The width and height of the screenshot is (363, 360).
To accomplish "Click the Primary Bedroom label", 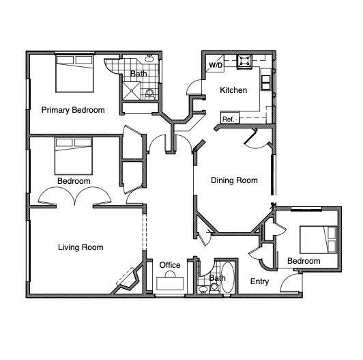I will (72, 110).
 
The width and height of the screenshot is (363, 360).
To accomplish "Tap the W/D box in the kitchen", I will (216, 66).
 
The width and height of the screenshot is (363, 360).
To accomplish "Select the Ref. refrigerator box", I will (228, 119).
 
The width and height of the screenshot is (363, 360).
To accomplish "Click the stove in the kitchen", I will (243, 63).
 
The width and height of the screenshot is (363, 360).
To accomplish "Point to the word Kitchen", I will (233, 90).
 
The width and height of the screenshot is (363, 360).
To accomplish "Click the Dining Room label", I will (234, 180).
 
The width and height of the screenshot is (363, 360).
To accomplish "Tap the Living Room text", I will (81, 247).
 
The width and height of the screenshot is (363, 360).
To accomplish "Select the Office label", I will (170, 265).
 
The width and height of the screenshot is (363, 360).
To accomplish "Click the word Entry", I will (259, 281).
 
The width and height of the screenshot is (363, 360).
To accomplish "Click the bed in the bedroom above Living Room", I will (74, 156).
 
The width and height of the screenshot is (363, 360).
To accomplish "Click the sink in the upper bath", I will (149, 61).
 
